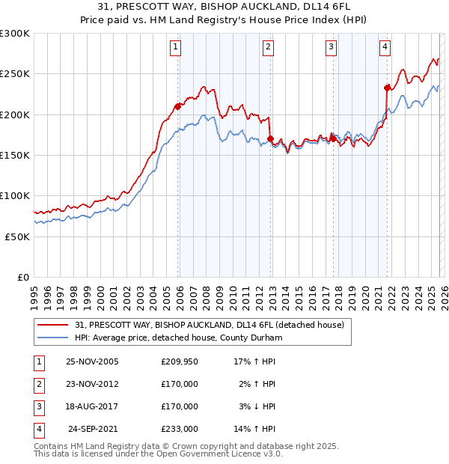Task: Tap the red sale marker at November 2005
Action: tap(177, 106)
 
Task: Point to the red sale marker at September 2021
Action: tap(387, 88)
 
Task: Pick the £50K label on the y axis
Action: tap(17, 236)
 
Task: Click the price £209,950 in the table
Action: tap(179, 361)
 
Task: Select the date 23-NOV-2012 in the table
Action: tap(93, 384)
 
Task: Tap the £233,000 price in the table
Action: tap(179, 429)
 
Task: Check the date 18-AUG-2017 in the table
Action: tap(93, 406)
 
